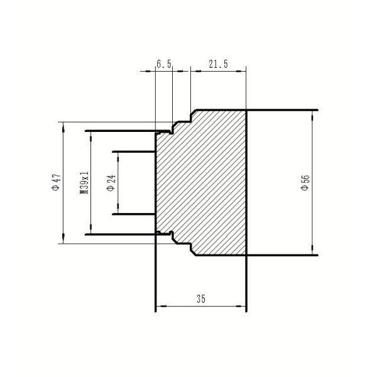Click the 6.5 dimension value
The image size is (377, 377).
164,64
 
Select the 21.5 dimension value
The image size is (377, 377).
218,64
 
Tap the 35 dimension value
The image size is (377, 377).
201,299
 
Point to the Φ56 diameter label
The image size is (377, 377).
305,183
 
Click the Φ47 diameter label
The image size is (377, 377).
57,182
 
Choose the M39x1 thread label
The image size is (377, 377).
84,183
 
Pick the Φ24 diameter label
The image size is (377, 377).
111,183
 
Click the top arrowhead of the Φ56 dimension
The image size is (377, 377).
312,118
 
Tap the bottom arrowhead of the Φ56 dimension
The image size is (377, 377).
312,248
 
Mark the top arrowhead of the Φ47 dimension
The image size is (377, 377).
63,129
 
